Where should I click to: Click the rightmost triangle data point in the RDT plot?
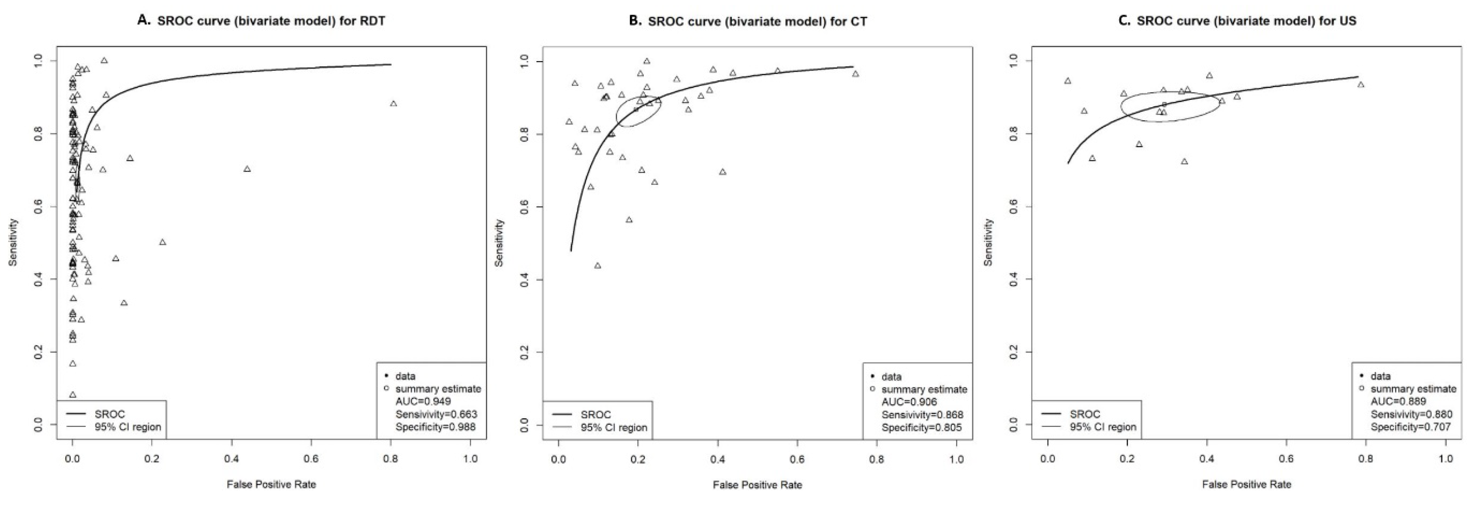(393, 104)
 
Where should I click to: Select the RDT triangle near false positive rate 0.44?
(247, 169)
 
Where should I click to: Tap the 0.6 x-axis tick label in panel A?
(311, 459)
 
